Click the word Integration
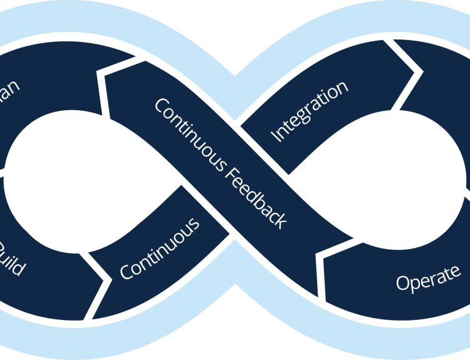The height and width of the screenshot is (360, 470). [x=308, y=111]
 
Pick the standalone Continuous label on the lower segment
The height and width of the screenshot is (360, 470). [x=160, y=248]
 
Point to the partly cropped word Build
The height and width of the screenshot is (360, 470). [x=13, y=257]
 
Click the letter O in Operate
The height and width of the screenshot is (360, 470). [x=404, y=284]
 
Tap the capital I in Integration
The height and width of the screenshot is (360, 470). [x=274, y=135]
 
